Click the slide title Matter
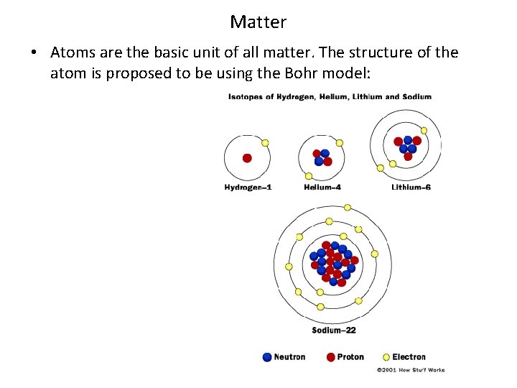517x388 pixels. tap(258, 22)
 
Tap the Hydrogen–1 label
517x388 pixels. tap(248, 188)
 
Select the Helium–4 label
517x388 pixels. tap(322, 188)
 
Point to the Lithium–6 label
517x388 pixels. tap(411, 188)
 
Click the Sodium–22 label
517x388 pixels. tap(334, 331)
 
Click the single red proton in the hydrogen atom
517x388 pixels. tap(247, 158)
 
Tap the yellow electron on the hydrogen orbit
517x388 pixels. tap(265, 143)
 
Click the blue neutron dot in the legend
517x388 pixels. tap(268, 357)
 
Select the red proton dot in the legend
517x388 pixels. tap(331, 357)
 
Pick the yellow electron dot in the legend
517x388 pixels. tap(386, 357)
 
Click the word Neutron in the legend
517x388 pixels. tap(289, 357)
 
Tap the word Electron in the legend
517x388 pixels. tap(409, 357)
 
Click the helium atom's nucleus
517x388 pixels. tap(322, 157)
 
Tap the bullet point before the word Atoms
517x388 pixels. tap(34, 54)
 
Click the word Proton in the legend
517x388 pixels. tap(350, 357)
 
